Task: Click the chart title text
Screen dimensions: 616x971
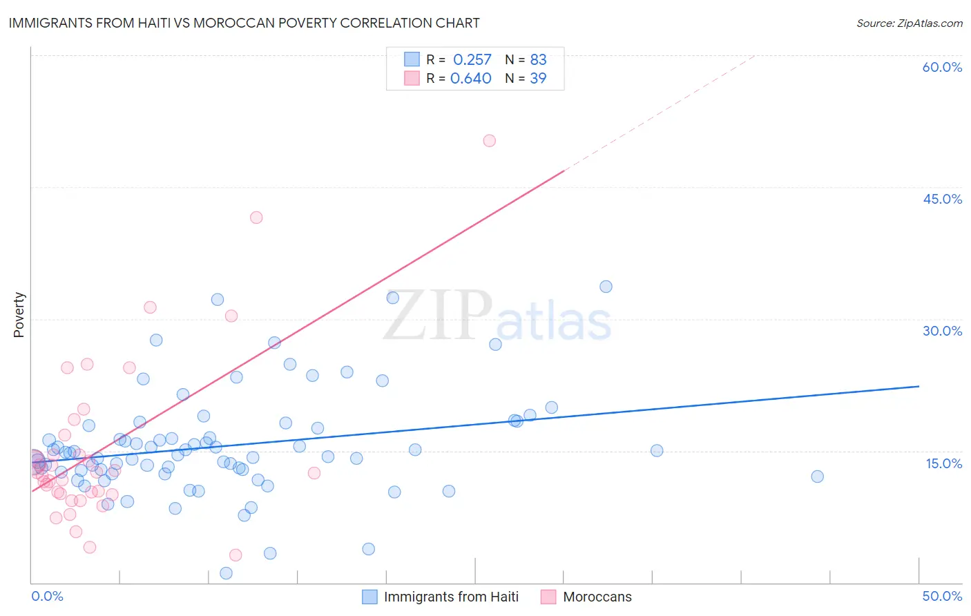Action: point(244,23)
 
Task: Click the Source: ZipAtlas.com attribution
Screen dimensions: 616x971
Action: point(909,23)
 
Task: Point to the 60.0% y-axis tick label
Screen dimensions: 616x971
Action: point(942,67)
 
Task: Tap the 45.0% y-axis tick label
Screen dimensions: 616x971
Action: point(942,199)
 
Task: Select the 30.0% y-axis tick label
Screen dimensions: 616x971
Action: point(942,331)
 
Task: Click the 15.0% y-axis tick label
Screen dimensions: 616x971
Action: point(943,463)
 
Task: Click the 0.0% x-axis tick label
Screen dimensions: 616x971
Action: point(47,596)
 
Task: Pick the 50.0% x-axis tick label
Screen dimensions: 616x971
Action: point(942,596)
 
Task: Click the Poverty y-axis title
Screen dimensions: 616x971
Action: point(19,315)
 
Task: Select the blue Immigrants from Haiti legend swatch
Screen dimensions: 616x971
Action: point(370,597)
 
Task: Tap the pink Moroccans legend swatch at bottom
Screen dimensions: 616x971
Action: point(548,597)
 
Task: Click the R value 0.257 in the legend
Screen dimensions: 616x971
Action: point(472,59)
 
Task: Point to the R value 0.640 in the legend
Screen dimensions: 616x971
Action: point(471,78)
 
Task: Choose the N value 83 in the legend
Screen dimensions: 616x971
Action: point(538,59)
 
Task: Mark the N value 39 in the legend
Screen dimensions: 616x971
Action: point(538,78)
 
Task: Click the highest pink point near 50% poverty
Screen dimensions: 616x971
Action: point(489,141)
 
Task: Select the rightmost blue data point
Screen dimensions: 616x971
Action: point(817,477)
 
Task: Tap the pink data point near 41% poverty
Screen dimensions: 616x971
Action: point(256,218)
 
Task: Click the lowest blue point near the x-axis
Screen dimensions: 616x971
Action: point(226,573)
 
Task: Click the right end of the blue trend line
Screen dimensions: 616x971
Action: point(919,386)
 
